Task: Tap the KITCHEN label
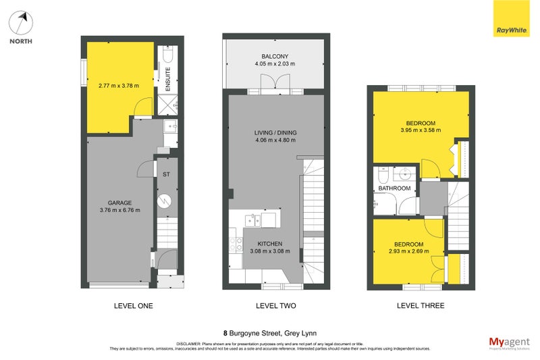click(x=269, y=243)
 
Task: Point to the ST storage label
click(x=165, y=174)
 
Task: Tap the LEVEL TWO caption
click(x=275, y=306)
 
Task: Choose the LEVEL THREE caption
click(x=420, y=306)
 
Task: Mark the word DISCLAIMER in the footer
click(x=189, y=343)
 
